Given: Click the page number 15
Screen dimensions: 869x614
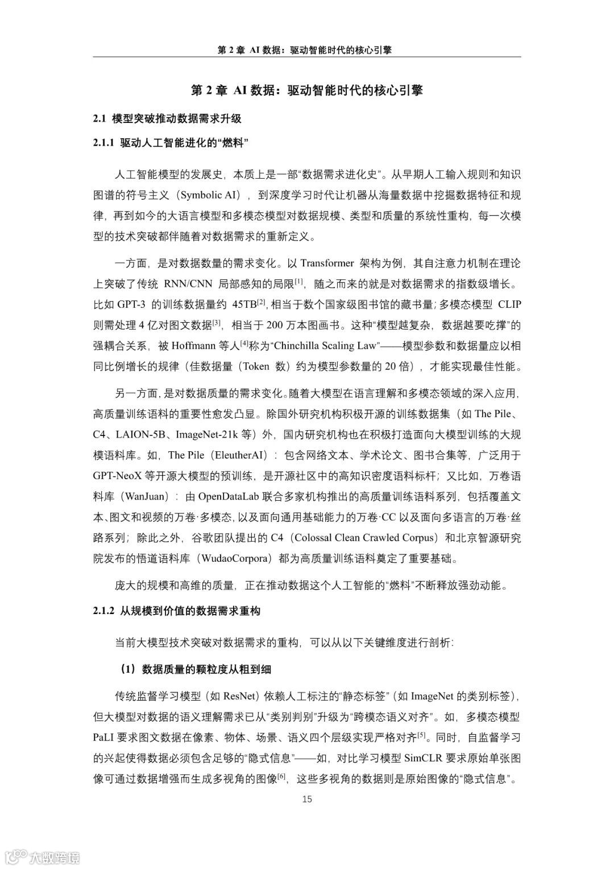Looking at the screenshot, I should (307, 799).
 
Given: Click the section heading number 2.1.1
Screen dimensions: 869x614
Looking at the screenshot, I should (104, 143).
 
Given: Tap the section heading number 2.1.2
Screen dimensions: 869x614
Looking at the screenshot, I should (104, 611).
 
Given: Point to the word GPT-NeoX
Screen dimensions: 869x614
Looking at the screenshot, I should (119, 476).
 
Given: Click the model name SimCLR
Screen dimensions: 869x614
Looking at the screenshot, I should (424, 758).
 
